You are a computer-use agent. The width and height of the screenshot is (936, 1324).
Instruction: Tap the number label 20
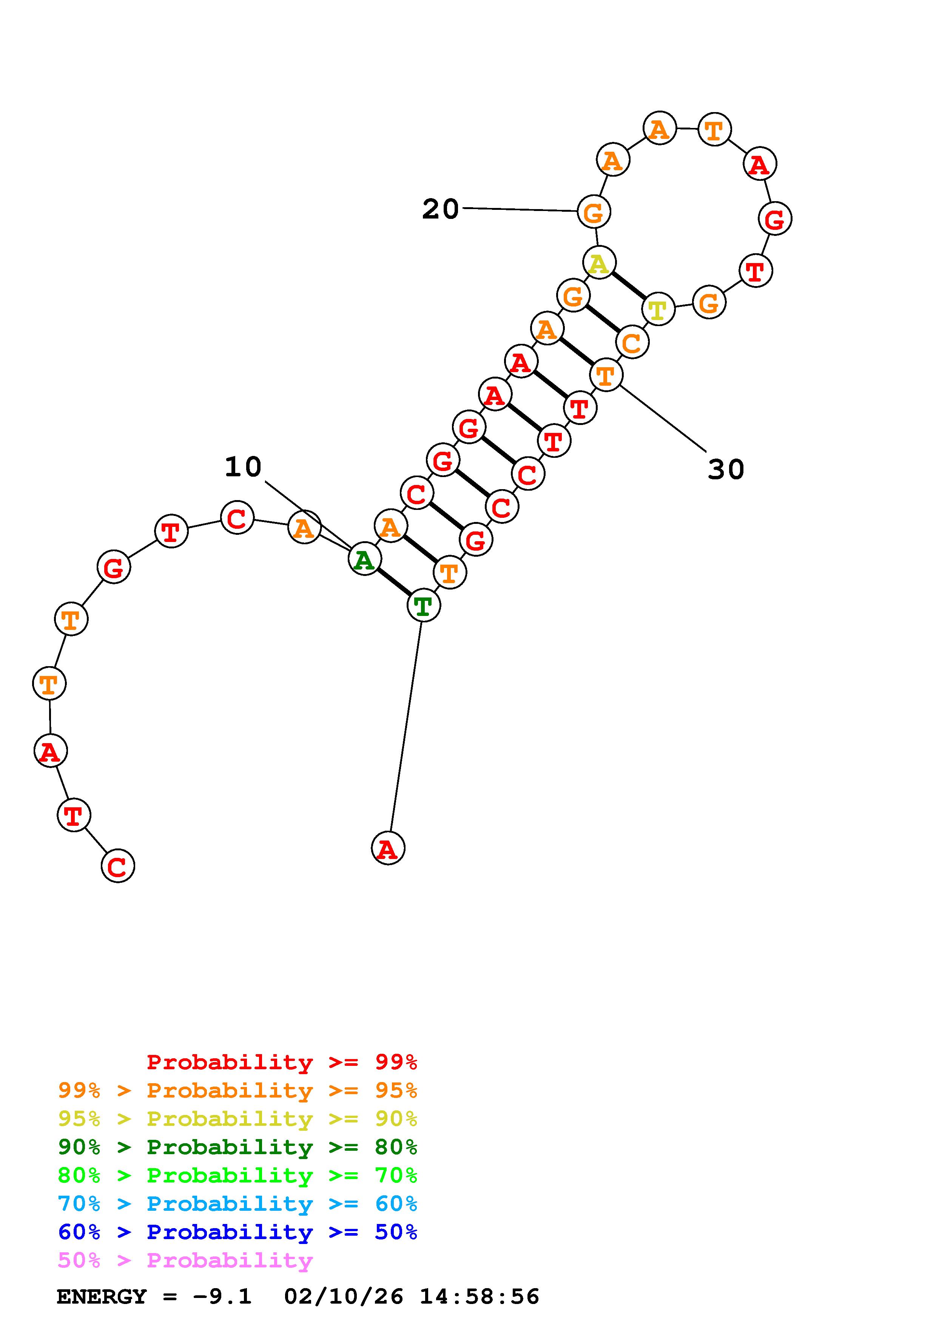click(x=441, y=209)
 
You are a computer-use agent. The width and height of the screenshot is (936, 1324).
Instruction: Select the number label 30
click(x=726, y=470)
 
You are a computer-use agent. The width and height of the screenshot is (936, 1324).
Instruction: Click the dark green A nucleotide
click(x=364, y=559)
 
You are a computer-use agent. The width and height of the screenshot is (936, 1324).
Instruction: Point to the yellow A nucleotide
click(x=599, y=263)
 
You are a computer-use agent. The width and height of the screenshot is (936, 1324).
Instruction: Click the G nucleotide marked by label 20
click(x=594, y=212)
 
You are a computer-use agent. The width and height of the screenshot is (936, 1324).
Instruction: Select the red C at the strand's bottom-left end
click(x=118, y=866)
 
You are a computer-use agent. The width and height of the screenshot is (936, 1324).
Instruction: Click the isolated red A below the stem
click(x=388, y=848)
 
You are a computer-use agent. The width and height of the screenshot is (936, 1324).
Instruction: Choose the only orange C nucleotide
click(x=632, y=343)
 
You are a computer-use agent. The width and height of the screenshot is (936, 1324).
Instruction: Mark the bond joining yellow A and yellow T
click(x=629, y=286)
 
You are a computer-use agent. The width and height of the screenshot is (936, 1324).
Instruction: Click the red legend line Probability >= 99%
click(x=282, y=1062)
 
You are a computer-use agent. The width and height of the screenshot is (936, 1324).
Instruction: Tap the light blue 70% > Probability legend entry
click(x=237, y=1204)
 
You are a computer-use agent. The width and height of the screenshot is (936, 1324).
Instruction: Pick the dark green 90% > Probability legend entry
click(x=237, y=1147)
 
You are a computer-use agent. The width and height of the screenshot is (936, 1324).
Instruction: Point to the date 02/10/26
click(x=344, y=1297)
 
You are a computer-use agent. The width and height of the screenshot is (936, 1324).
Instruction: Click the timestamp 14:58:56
click(x=479, y=1297)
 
